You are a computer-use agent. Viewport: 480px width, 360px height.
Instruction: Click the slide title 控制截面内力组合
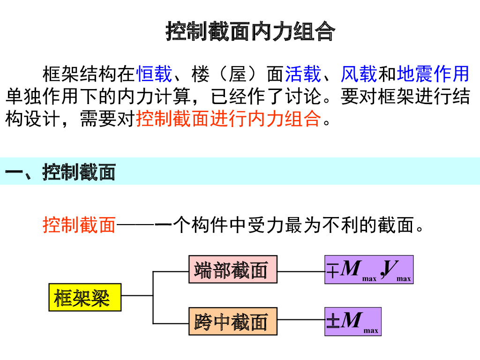pos(250,31)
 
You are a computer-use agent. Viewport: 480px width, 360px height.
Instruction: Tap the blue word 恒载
pos(154,74)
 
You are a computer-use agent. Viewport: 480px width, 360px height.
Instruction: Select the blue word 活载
pos(303,74)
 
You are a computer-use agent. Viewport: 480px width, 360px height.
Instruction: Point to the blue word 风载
pos(359,74)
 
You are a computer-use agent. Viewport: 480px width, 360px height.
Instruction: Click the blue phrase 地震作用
pos(433,74)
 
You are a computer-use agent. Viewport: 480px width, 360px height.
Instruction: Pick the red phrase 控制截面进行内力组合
pos(228,119)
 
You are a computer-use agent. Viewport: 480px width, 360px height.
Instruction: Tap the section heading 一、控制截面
pos(60,172)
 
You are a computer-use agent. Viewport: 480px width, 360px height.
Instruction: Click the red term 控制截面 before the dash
pos(79,225)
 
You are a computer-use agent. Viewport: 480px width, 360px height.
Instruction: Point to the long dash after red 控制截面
pos(144,225)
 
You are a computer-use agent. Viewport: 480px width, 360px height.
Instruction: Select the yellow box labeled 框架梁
pos(85,297)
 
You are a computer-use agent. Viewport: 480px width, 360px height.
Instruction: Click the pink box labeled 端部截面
pos(232,270)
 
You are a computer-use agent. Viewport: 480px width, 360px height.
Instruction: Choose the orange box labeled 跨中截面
pos(232,322)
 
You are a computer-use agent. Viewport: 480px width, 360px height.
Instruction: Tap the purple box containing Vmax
pos(369,270)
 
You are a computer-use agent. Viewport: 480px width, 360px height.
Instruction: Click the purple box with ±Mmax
pos(353,322)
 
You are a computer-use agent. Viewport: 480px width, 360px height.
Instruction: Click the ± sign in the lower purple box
pos(332,322)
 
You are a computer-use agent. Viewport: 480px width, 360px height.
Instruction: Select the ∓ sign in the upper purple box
pos(332,270)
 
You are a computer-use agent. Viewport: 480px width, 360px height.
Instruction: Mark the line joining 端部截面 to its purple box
pos(301,271)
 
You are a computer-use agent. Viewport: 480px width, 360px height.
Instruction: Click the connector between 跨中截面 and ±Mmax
pos(301,320)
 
